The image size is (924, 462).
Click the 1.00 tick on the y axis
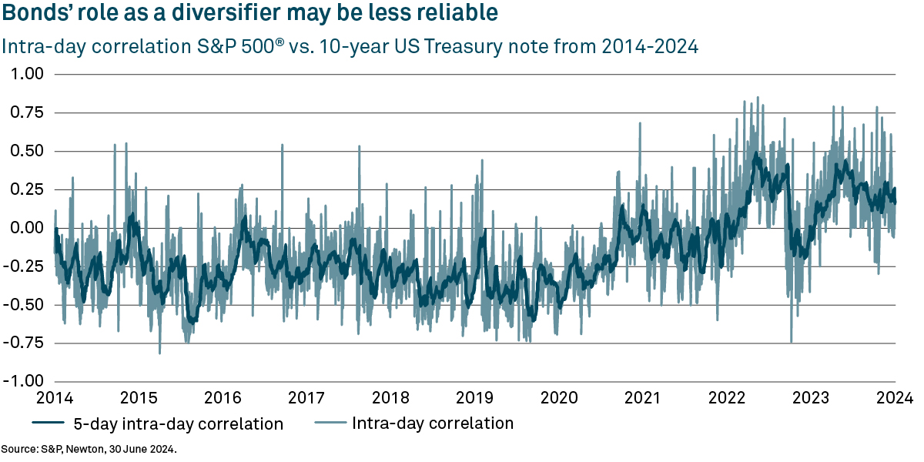[x=28, y=74]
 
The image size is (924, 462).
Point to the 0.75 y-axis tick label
[x=28, y=112]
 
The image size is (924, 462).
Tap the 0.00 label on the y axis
[x=28, y=228]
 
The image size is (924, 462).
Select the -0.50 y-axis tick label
[x=25, y=305]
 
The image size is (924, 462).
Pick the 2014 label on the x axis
[x=55, y=398]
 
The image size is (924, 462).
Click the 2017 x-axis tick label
[x=306, y=398]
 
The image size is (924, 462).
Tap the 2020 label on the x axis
[x=559, y=398]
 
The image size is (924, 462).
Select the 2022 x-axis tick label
[x=727, y=398]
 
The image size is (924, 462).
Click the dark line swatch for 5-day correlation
[x=49, y=423]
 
